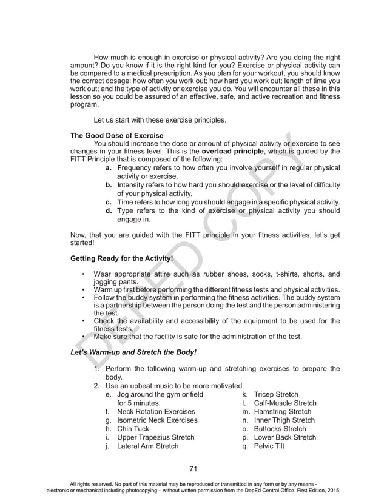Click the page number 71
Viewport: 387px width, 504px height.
(x=194, y=468)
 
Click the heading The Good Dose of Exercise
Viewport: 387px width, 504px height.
(x=117, y=135)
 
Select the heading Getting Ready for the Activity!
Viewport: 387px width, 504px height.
(x=122, y=258)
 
